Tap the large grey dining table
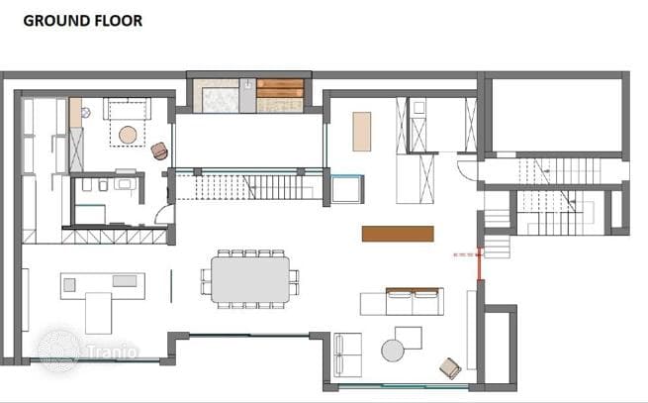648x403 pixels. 250,279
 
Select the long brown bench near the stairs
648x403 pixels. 398,234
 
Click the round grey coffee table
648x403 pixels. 393,351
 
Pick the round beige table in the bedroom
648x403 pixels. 128,135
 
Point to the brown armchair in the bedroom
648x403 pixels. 159,151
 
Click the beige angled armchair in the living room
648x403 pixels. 450,368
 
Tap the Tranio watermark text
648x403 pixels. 112,352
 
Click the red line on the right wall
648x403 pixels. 481,263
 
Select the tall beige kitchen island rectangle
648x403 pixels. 362,131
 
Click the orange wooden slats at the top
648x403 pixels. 280,88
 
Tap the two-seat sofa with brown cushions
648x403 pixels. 415,301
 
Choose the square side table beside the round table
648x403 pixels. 409,337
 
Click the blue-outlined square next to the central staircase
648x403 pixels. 346,189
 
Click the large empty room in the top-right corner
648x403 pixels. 557,115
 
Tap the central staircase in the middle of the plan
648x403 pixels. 249,187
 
